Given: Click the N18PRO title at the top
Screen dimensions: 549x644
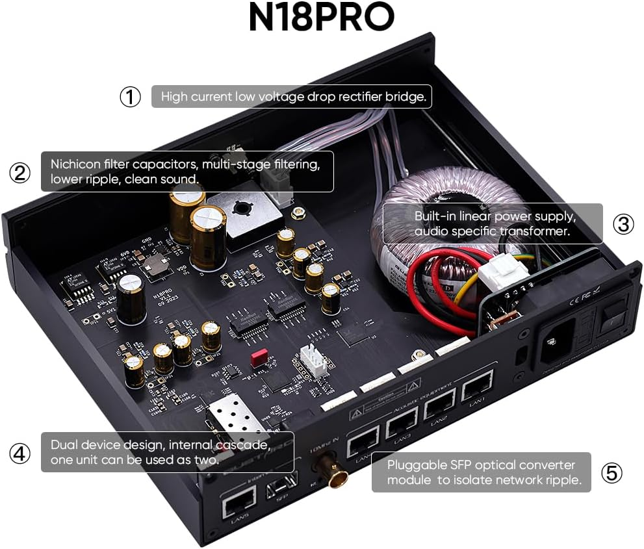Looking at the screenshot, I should pyautogui.click(x=321, y=18).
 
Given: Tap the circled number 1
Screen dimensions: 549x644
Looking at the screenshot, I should pyautogui.click(x=130, y=97).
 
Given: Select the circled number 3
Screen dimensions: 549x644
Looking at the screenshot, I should pyautogui.click(x=623, y=223).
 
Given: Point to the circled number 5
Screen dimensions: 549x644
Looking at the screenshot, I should pyautogui.click(x=611, y=472).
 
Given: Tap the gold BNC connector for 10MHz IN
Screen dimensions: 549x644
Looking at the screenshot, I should pyautogui.click(x=335, y=478).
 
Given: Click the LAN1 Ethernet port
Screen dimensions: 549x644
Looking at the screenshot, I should pyautogui.click(x=477, y=389).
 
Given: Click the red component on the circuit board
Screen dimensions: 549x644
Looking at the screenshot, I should pyautogui.click(x=259, y=356).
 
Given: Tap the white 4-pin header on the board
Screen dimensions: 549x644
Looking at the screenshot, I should pyautogui.click(x=311, y=359).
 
